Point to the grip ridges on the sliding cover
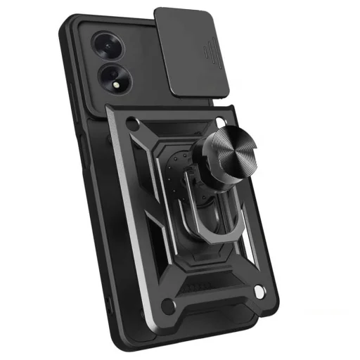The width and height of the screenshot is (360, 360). [x=210, y=53]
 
